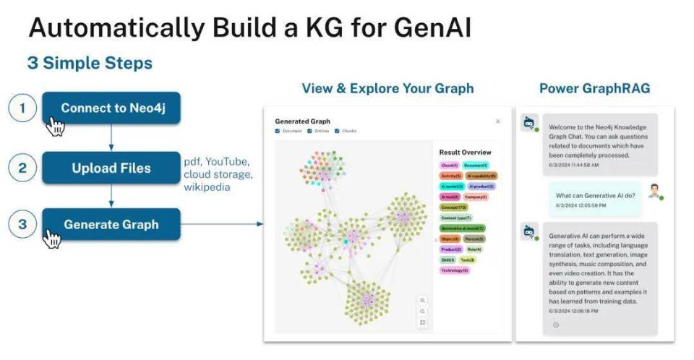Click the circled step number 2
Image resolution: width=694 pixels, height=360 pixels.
click(22, 168)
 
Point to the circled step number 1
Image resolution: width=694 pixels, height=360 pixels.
click(22, 108)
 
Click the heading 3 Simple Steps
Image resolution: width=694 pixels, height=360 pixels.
click(90, 63)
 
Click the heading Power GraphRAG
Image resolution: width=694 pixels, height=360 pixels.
click(594, 88)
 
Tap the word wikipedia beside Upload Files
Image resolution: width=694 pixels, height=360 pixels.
click(207, 187)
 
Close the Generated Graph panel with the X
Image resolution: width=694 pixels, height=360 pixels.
click(497, 121)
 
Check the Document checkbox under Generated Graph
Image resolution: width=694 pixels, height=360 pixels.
click(278, 131)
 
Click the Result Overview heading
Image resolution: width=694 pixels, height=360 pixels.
click(465, 153)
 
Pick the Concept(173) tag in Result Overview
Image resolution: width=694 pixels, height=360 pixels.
click(454, 207)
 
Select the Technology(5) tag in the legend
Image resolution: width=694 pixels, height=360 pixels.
click(455, 270)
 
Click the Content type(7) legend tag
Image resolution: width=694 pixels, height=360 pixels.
click(456, 218)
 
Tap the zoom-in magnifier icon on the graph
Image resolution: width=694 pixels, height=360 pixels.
click(423, 300)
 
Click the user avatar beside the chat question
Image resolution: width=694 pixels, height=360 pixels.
click(654, 192)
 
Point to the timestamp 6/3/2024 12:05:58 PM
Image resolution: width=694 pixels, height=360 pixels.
click(581, 205)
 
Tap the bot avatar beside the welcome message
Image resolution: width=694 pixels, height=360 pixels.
click(529, 123)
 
